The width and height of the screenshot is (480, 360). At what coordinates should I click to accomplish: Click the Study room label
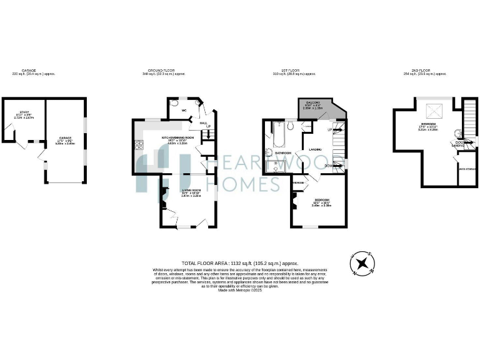pyautogui.click(x=26, y=112)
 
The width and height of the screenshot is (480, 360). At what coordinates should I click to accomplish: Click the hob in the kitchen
pyautogui.click(x=139, y=146)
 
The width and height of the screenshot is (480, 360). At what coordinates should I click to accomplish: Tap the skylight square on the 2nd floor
pyautogui.click(x=431, y=112)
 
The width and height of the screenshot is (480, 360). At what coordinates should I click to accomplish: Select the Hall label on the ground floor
pyautogui.click(x=203, y=123)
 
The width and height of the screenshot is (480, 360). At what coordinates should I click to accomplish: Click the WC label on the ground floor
pyautogui.click(x=184, y=111)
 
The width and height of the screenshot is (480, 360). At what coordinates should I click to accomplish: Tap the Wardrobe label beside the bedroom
pyautogui.click(x=298, y=182)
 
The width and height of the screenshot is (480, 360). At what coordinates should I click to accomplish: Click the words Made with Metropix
pyautogui.click(x=239, y=291)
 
